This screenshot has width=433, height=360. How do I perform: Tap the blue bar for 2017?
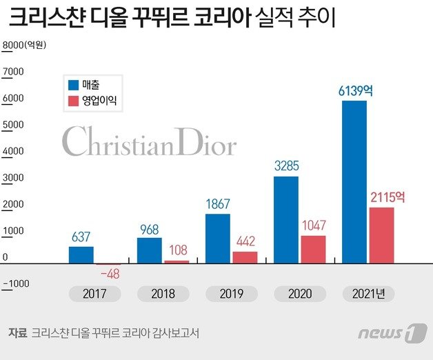click(x=81, y=254)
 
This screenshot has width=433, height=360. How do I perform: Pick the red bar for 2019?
click(x=244, y=257)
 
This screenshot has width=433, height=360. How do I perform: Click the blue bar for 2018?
click(x=149, y=250)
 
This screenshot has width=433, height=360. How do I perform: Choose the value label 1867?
click(x=218, y=204)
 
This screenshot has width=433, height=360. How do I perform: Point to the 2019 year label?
click(x=231, y=294)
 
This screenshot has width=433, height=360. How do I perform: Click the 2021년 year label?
click(x=368, y=294)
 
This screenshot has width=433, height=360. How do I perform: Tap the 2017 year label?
click(x=94, y=294)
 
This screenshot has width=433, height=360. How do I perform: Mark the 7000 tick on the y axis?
click(x=13, y=71)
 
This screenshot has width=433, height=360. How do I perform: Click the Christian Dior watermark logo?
click(x=149, y=141)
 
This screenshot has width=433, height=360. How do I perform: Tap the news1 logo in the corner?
click(x=392, y=332)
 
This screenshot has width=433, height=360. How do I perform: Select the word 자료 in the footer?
click(x=17, y=332)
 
